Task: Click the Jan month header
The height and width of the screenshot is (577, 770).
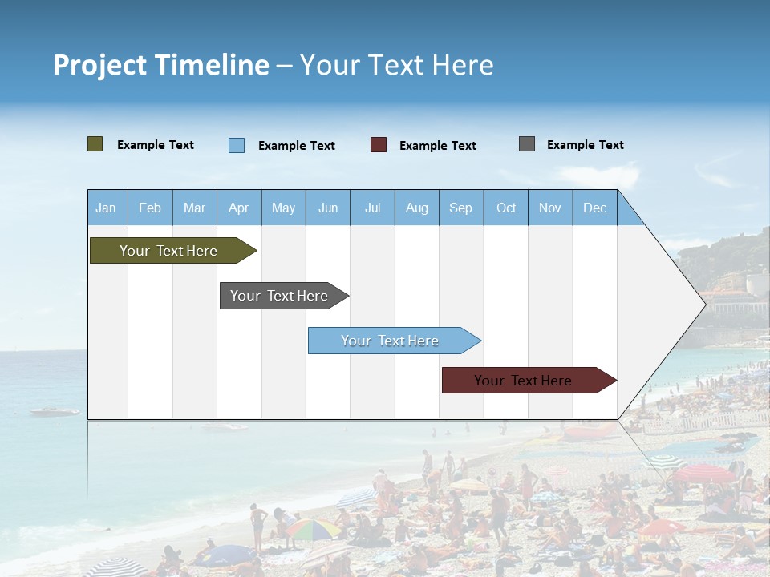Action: pos(107,208)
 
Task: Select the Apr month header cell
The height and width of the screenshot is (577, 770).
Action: pos(239,208)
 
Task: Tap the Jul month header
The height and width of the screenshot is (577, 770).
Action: pos(372,208)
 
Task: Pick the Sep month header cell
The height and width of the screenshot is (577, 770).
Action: pos(461,208)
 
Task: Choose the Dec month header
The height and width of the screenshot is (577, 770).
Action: pos(594,208)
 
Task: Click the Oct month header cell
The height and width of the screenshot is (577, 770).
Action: pos(506,208)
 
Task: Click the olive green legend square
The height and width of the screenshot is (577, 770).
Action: pos(95,144)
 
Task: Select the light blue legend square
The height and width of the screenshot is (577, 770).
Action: pos(237,145)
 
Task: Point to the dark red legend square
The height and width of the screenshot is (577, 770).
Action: pos(379,145)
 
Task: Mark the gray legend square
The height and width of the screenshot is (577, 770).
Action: pos(527,144)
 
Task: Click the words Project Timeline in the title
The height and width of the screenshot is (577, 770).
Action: pos(161,65)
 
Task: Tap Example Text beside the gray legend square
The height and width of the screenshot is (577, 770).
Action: pos(585,145)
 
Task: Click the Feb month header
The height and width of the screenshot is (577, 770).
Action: pos(150,208)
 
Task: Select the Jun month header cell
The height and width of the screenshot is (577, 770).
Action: pos(328,208)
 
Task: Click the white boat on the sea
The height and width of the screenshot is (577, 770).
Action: pos(55,411)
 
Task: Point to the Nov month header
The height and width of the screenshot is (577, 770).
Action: pos(550,208)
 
